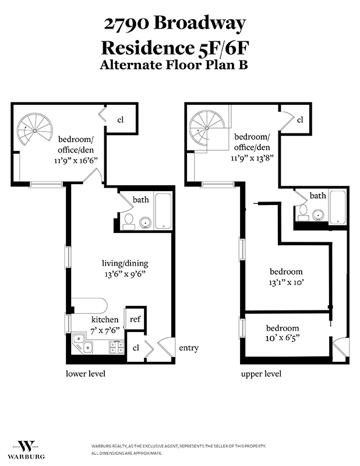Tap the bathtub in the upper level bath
(338, 208)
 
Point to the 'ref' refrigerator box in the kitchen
(135, 319)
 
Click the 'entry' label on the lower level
(188, 348)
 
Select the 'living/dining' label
(121, 264)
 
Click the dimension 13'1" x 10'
(285, 283)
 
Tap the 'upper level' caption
(261, 373)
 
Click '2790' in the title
(124, 24)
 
